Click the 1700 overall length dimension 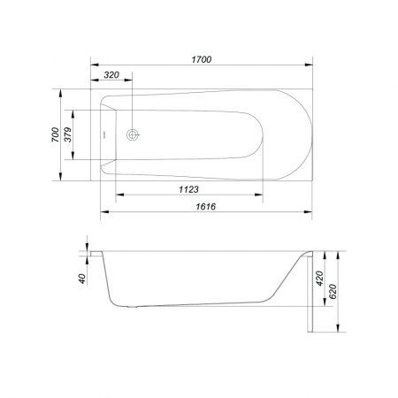point(202,59)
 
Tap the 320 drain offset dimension point(111,75)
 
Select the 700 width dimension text point(55,134)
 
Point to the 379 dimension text point(68,134)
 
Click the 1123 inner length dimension point(188,189)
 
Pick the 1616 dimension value point(206,206)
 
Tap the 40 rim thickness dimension point(82,279)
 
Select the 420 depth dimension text point(319,279)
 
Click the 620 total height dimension point(333,292)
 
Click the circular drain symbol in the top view point(133,134)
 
